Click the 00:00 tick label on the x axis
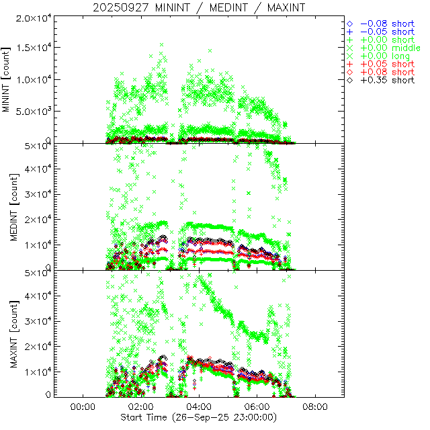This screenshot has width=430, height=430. (82, 406)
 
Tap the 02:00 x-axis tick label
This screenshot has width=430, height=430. (140, 406)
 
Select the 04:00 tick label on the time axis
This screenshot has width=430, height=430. (199, 406)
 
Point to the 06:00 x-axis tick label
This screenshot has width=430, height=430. (257, 406)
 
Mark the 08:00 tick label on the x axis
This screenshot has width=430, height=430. (316, 406)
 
